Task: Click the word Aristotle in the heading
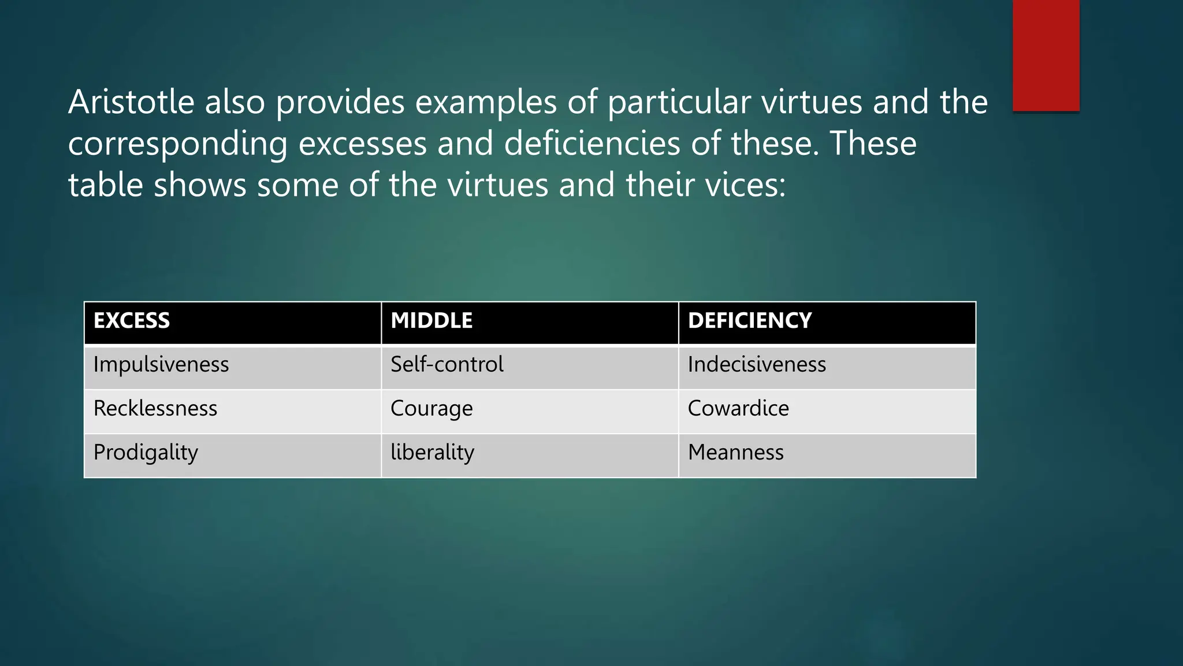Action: [x=131, y=102]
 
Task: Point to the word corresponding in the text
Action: [x=177, y=145]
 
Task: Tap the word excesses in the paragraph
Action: [x=362, y=145]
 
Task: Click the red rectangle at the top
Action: [x=1046, y=55]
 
